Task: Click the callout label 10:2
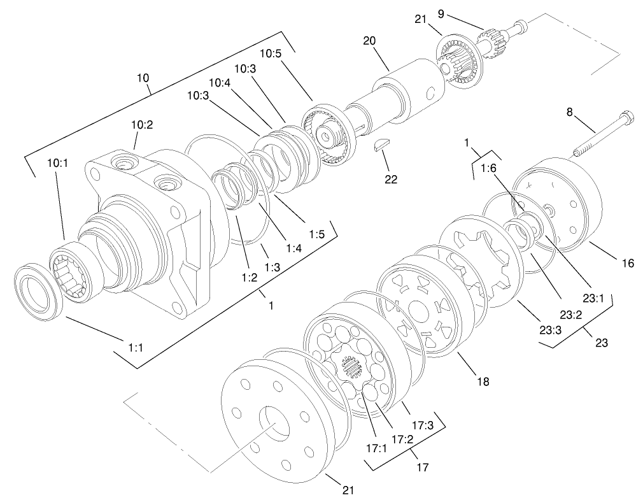[x=142, y=125]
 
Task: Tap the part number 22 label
[x=390, y=180]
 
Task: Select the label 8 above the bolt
[x=570, y=112]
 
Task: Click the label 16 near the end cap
[x=628, y=263]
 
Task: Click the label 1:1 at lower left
[x=136, y=347]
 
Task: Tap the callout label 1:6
[x=489, y=169]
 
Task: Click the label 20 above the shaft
[x=369, y=40]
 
